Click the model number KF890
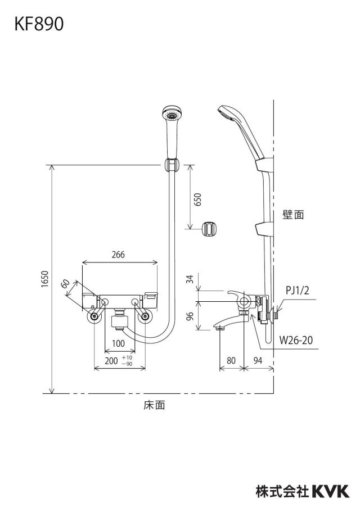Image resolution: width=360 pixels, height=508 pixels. point(39,24)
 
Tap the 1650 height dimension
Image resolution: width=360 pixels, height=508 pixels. point(45,279)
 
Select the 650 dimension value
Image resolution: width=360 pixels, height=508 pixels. point(197,199)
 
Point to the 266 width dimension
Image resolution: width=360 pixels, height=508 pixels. point(118,255)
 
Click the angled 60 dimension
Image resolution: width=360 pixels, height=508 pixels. point(65,283)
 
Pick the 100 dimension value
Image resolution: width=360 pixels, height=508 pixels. point(118,343)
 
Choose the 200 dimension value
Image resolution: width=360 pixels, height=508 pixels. point(111,361)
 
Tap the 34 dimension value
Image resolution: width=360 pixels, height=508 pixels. point(190,279)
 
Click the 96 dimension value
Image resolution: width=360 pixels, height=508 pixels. point(190,315)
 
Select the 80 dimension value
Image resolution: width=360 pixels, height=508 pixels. point(231,360)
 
